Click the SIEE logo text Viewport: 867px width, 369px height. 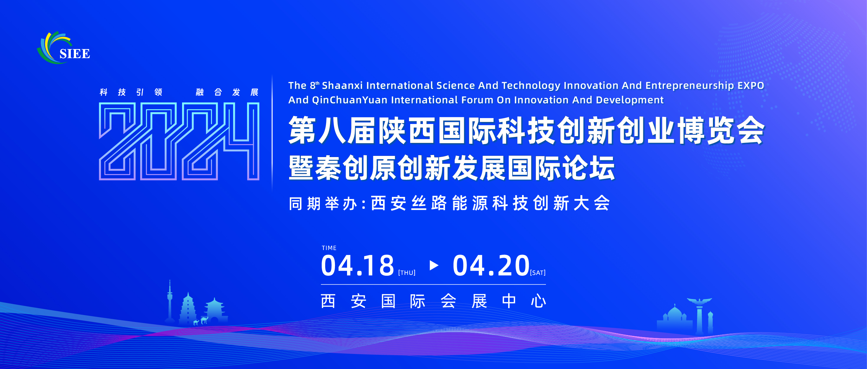pyautogui.click(x=75, y=54)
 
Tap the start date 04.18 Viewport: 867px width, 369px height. pyautogui.click(x=357, y=266)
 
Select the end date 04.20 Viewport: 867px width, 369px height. pyautogui.click(x=491, y=266)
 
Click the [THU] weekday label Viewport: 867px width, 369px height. pyautogui.click(x=407, y=273)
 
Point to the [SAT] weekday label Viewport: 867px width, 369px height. pyautogui.click(x=537, y=273)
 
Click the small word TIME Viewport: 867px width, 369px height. pyautogui.click(x=329, y=248)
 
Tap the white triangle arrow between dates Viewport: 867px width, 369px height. pyautogui.click(x=434, y=265)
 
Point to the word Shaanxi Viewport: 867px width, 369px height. pyautogui.click(x=342, y=86)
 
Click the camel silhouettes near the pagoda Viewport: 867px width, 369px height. pyautogui.click(x=201, y=321)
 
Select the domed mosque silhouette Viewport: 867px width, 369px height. pyautogui.click(x=674, y=318)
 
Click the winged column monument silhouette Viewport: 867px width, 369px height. pyautogui.click(x=699, y=315)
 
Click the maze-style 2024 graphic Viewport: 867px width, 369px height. pyautogui.click(x=179, y=141)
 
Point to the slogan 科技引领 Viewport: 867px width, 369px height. pyautogui.click(x=131, y=92)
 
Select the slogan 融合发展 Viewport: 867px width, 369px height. pyautogui.click(x=227, y=92)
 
